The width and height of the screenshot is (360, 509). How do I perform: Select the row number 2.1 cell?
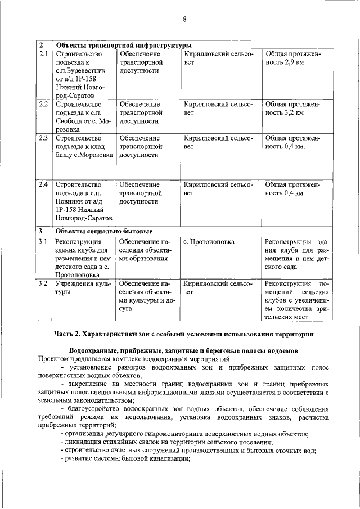point(44,54)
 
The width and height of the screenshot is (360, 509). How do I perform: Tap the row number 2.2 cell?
point(44,104)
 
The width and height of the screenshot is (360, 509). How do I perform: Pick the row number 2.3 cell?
point(44,137)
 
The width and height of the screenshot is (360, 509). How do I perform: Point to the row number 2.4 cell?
point(44,184)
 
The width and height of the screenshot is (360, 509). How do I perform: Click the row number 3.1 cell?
point(44,242)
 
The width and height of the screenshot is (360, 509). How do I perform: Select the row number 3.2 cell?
point(44,283)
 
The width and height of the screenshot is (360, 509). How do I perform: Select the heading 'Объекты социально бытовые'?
point(104,231)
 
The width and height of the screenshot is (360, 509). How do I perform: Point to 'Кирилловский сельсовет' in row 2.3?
point(218,142)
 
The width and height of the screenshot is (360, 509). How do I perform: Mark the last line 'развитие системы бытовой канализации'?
point(126,458)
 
